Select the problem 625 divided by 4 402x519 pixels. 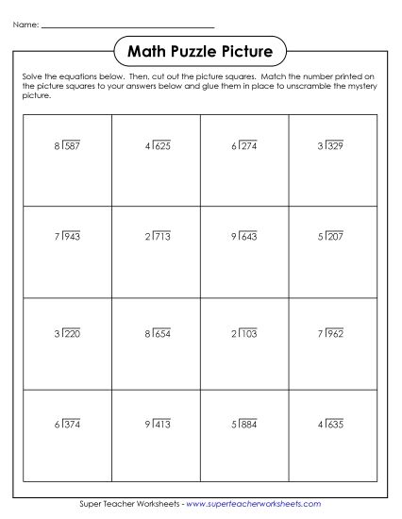click(158, 146)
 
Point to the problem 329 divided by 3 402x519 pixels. click(332, 146)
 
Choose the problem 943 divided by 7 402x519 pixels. click(69, 236)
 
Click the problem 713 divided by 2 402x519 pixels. click(158, 236)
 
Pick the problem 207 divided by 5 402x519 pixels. click(332, 236)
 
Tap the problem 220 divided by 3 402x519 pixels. click(69, 333)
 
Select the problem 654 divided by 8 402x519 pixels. click(158, 333)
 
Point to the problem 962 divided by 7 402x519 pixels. click(332, 333)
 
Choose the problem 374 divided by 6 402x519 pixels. click(69, 425)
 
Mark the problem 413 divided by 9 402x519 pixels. click(158, 425)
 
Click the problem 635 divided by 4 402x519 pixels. click(332, 425)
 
